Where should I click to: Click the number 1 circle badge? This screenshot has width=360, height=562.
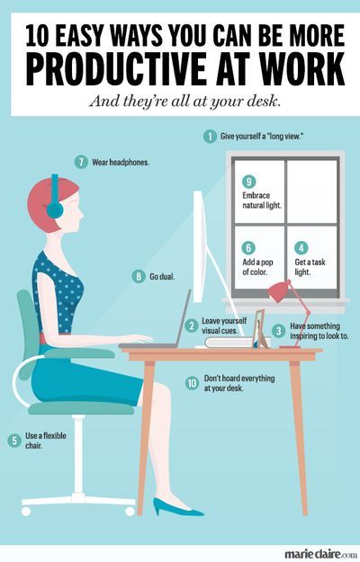[210, 137]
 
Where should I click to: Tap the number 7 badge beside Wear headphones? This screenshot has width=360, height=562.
[81, 163]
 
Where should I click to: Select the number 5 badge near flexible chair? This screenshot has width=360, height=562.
[13, 440]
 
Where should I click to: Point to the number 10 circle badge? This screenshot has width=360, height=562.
[192, 382]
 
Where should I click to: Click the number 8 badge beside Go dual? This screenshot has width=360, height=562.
[139, 276]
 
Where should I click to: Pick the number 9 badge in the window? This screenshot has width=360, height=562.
[249, 181]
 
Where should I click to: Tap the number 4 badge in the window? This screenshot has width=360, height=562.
[301, 247]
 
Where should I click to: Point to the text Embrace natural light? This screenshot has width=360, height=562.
[262, 199]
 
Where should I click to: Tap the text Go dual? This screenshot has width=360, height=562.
[164, 276]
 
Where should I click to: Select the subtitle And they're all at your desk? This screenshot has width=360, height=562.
[180, 102]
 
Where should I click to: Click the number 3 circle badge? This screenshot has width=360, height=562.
[279, 331]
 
